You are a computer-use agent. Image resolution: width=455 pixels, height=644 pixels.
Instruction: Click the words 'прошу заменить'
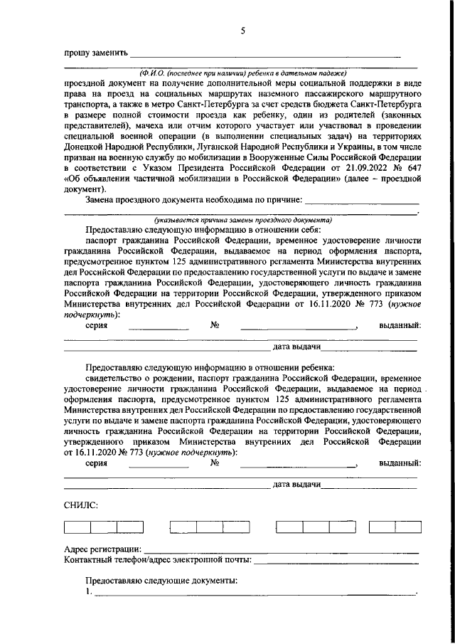[x=95, y=53]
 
